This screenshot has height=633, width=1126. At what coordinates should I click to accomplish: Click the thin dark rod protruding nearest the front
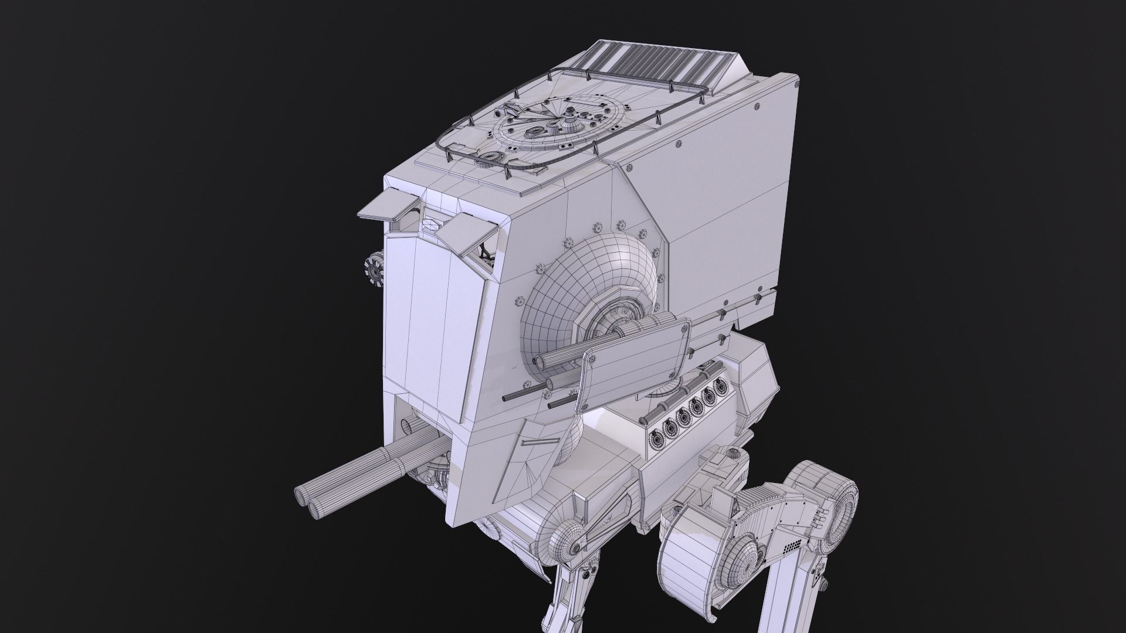pyautogui.click(x=514, y=396)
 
